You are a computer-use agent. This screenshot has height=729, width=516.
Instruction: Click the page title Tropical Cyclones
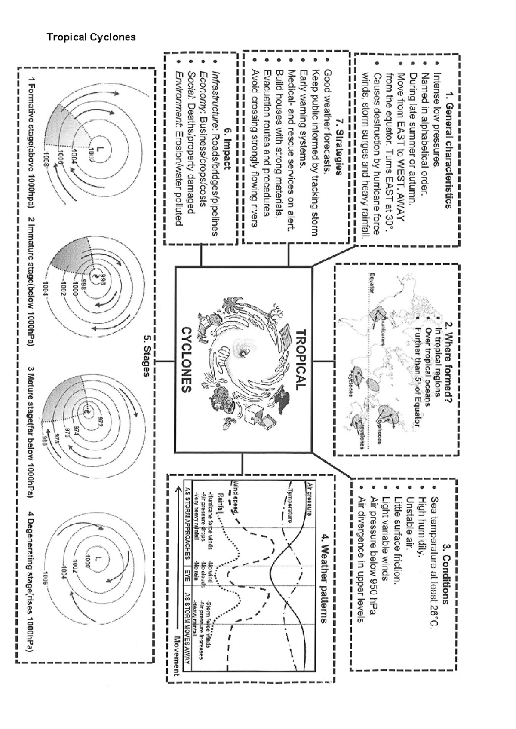[x=91, y=37]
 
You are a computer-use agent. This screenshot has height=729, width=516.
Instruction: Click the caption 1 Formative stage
[x=31, y=143]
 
